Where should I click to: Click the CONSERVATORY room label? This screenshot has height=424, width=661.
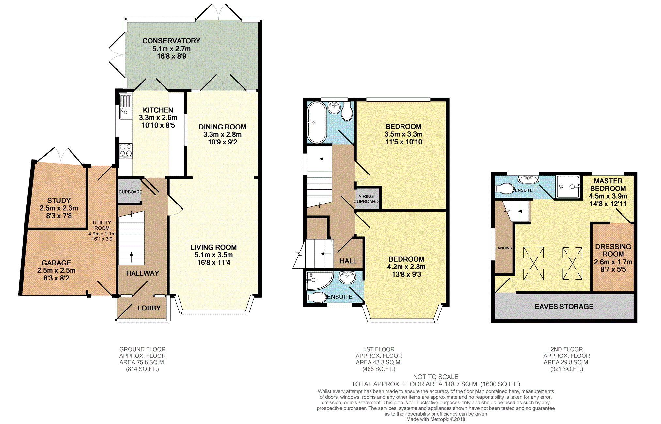(171, 41)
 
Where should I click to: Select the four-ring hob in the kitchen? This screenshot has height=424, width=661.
(126, 151)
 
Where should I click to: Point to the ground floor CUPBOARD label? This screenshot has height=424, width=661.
(131, 192)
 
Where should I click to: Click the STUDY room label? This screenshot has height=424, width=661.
(59, 201)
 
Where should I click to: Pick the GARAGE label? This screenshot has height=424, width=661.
(56, 263)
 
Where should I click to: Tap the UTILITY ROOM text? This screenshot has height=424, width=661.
(102, 225)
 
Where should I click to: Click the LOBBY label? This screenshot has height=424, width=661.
(149, 308)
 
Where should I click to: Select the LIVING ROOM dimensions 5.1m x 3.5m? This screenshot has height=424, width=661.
(214, 255)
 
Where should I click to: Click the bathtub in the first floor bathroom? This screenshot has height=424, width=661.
(317, 122)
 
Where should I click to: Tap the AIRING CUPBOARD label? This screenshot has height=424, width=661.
(366, 199)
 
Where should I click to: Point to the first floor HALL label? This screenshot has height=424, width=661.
(348, 261)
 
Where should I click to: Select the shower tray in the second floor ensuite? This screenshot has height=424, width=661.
(568, 187)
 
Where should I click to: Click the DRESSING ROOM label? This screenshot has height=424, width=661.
(613, 250)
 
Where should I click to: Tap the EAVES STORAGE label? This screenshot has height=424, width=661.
(564, 307)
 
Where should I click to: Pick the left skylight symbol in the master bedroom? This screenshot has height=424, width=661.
(534, 264)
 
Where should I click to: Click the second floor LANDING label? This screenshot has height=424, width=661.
(504, 248)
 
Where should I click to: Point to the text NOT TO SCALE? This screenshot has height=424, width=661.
(436, 377)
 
